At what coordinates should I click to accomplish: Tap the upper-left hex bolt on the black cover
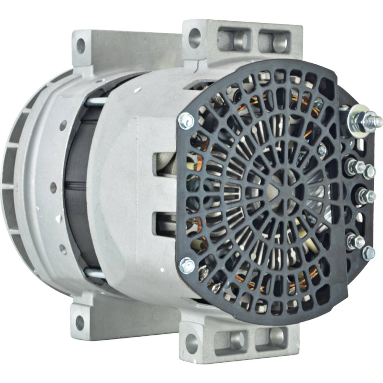pyautogui.click(x=186, y=121)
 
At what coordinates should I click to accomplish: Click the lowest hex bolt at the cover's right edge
pyautogui.click(x=368, y=253)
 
